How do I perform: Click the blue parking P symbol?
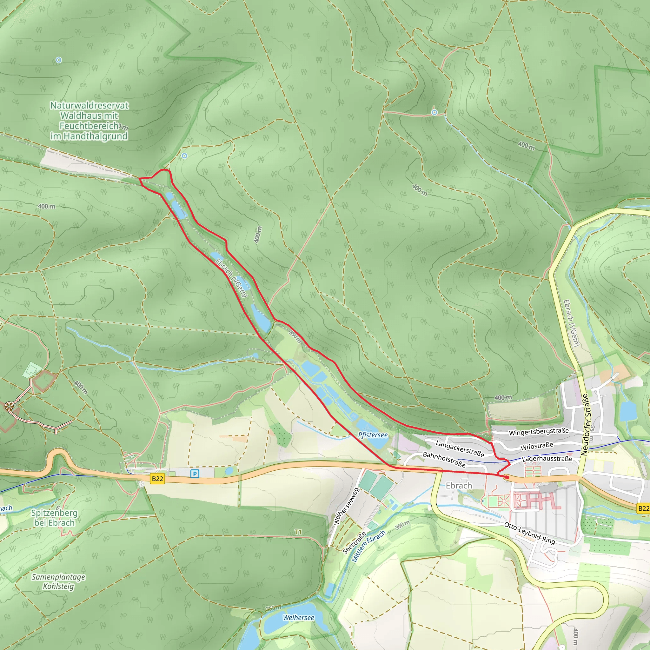[195, 474]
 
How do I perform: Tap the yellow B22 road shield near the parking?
[157, 478]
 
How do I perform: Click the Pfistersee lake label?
[372, 435]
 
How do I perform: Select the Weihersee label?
[298, 618]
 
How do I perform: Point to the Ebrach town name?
[459, 486]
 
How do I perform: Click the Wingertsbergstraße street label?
[539, 432]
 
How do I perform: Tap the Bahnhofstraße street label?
[444, 460]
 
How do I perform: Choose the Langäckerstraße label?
[460, 449]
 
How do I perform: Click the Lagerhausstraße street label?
[547, 459]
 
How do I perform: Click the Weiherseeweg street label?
[347, 506]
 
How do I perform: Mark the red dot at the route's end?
[507, 477]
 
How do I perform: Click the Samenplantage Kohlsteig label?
[58, 581]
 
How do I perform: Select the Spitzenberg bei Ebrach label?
[54, 518]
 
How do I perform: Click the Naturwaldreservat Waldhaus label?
[89, 120]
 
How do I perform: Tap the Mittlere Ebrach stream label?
[369, 546]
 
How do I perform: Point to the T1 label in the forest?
[298, 532]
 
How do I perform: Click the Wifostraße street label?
[537, 447]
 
